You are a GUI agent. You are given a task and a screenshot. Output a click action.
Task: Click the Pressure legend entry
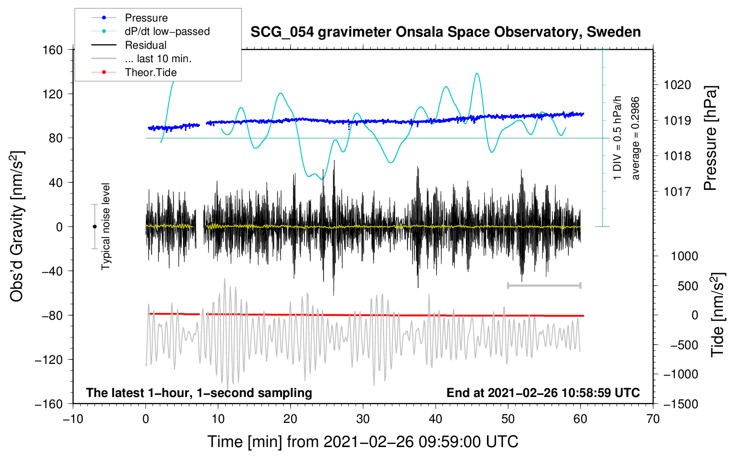[146, 18]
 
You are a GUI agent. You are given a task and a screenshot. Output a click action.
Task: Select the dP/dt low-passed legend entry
[167, 31]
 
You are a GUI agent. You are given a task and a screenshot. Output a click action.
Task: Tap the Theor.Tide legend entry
[150, 72]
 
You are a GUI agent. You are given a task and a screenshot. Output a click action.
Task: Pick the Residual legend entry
[145, 45]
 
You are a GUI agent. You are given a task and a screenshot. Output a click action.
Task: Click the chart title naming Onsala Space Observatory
[445, 32]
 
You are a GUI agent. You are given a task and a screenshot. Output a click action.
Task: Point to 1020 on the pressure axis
[677, 85]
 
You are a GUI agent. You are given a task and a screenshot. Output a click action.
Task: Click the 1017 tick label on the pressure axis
[677, 192]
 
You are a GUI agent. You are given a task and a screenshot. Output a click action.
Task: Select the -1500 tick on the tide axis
[681, 404]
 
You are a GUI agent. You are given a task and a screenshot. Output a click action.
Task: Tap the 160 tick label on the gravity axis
[53, 50]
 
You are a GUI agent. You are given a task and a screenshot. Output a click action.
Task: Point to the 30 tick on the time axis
[363, 419]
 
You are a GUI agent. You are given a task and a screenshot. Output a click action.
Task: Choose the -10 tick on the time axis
[73, 419]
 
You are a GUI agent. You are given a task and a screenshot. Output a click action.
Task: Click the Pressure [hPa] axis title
[710, 138]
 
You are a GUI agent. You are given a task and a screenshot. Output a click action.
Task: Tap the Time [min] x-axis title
[363, 442]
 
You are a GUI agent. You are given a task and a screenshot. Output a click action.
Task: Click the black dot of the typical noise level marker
[94, 227]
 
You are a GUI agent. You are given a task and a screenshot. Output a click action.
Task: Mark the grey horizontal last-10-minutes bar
[544, 285]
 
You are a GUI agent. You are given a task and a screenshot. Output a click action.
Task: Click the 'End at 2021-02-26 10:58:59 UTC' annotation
[543, 393]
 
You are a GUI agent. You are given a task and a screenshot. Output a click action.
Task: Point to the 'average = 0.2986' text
[635, 138]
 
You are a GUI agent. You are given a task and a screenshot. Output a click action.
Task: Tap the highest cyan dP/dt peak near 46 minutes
[477, 74]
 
